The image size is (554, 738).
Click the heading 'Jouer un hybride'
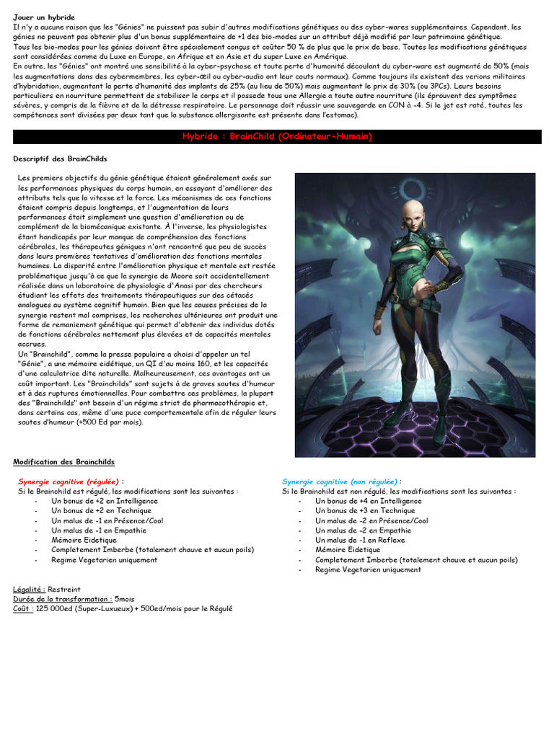(43, 17)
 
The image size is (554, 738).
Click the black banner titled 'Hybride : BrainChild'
(277, 137)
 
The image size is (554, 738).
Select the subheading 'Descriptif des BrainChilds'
(60, 159)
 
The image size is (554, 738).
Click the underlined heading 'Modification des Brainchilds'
(63, 461)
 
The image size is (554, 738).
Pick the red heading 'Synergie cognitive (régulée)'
(69, 481)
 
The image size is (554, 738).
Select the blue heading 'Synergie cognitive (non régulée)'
(340, 481)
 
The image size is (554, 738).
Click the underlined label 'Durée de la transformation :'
(62, 598)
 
